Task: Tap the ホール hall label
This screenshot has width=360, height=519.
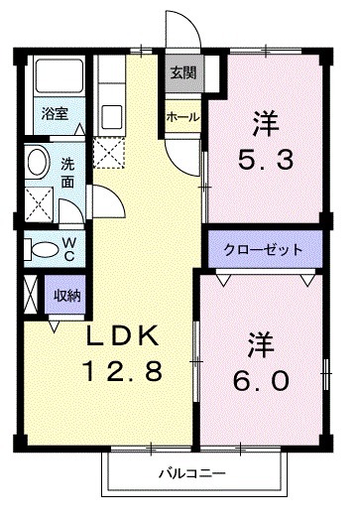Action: [x=183, y=117]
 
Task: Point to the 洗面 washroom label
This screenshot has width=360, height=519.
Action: [x=67, y=173]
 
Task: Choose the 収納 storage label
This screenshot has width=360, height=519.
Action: [x=67, y=295]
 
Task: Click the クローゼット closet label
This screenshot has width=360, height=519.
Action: [x=262, y=250]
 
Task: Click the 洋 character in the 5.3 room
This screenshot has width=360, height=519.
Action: [x=263, y=124]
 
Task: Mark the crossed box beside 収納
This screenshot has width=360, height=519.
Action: [x=29, y=295]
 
